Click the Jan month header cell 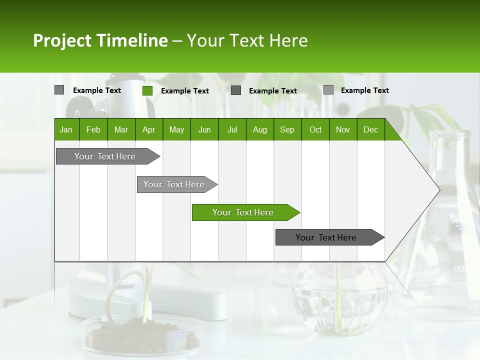pyautogui.click(x=66, y=129)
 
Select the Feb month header pyautogui.click(x=93, y=129)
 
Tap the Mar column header pyautogui.click(x=121, y=129)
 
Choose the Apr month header pyautogui.click(x=149, y=129)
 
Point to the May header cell pyautogui.click(x=176, y=129)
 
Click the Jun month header pyautogui.click(x=204, y=129)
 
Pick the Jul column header pyautogui.click(x=232, y=129)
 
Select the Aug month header pyautogui.click(x=260, y=129)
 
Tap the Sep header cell pyautogui.click(x=287, y=129)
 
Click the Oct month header pyautogui.click(x=315, y=129)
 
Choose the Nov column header pyautogui.click(x=343, y=129)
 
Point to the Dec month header pyautogui.click(x=371, y=129)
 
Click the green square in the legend pyautogui.click(x=147, y=90)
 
